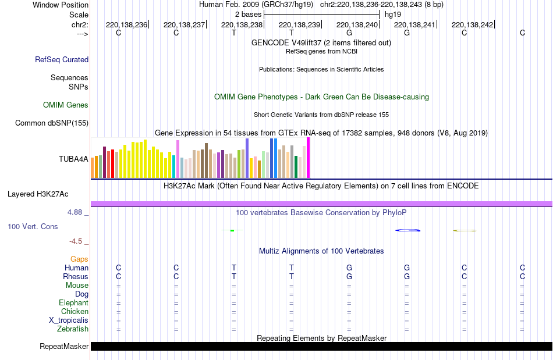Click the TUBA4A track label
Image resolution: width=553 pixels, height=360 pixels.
click(x=73, y=158)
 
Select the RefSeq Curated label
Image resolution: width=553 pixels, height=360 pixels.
click(x=62, y=59)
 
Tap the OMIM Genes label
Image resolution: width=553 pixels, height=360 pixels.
click(x=66, y=105)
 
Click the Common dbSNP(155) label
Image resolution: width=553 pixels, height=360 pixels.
click(x=52, y=123)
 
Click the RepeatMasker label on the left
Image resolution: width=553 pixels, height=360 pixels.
click(x=64, y=347)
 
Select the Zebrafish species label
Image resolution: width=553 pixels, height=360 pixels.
click(x=73, y=329)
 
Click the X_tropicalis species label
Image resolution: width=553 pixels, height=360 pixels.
click(x=69, y=320)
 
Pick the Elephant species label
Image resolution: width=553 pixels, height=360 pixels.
click(x=73, y=303)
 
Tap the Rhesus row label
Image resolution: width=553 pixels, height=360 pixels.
click(x=76, y=277)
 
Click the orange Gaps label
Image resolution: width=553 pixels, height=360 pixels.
click(x=80, y=259)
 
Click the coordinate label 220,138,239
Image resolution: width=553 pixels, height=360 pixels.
click(x=300, y=24)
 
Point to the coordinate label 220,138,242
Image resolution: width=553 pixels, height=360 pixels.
click(x=472, y=24)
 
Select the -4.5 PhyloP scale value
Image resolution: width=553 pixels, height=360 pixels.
click(x=76, y=241)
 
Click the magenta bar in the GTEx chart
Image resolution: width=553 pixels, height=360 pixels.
click(x=308, y=158)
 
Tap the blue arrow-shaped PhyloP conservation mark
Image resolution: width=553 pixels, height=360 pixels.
click(x=408, y=231)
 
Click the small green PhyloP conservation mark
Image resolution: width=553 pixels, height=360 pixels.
click(x=232, y=231)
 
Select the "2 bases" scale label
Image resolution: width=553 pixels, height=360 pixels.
click(x=249, y=14)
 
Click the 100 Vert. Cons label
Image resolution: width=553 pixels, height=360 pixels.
click(x=33, y=226)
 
